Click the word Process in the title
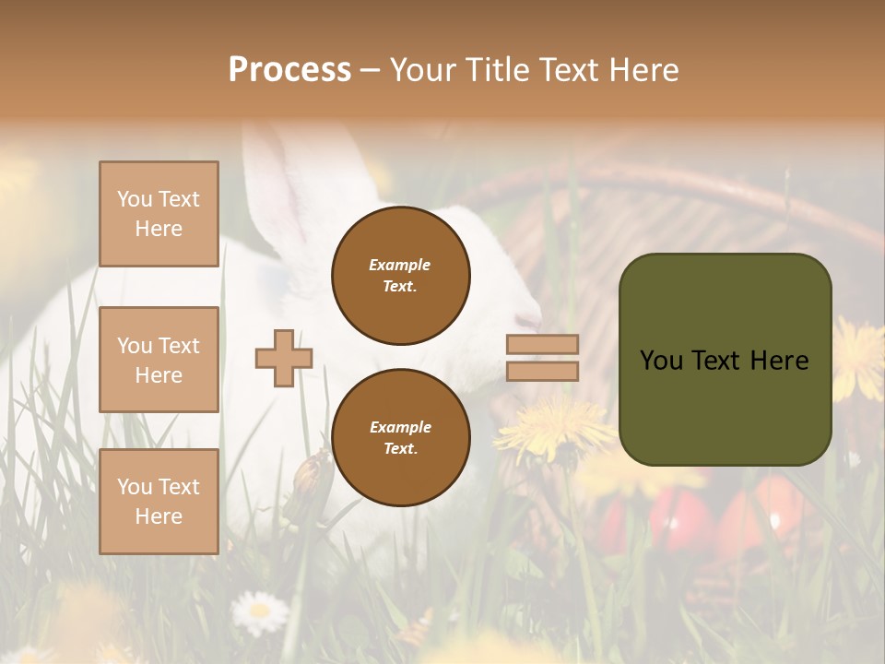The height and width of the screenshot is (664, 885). click(289, 70)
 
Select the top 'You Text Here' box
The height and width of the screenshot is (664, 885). click(159, 214)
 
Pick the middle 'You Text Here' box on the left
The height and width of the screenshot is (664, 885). click(159, 360)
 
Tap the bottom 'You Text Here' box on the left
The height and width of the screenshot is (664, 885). click(159, 502)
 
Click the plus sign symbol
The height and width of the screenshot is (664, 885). click(284, 358)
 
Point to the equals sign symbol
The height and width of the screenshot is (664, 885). click(542, 358)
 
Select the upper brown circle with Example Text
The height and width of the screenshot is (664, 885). click(400, 275)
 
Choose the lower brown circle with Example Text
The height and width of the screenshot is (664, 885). click(400, 437)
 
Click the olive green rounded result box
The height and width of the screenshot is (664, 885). click(725, 360)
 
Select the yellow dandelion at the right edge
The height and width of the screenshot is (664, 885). click(859, 358)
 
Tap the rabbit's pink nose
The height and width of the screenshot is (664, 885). click(530, 321)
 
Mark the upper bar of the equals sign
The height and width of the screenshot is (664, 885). click(542, 345)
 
